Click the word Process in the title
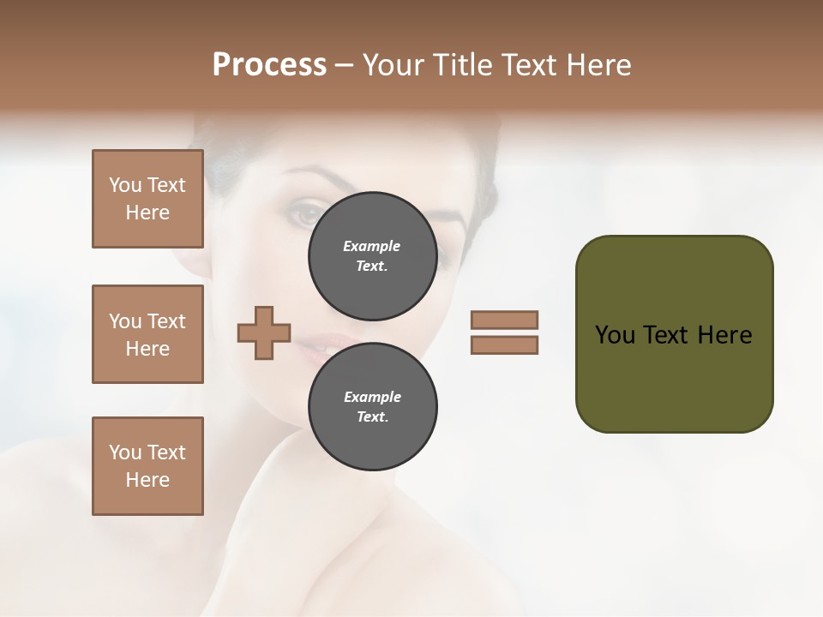coord(269,65)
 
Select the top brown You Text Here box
coord(147,199)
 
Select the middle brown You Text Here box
coord(147,334)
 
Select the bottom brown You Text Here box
coord(147,466)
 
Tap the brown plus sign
coord(264,332)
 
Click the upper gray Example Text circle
coord(372,256)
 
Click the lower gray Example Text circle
coord(372,407)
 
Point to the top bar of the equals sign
coord(504,320)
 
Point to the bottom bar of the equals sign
coord(504,345)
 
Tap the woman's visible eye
coord(306,215)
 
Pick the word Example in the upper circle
coord(372,246)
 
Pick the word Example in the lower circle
coord(372,397)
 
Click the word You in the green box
coord(615,335)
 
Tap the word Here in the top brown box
coord(147,213)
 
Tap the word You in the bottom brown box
coord(125,452)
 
